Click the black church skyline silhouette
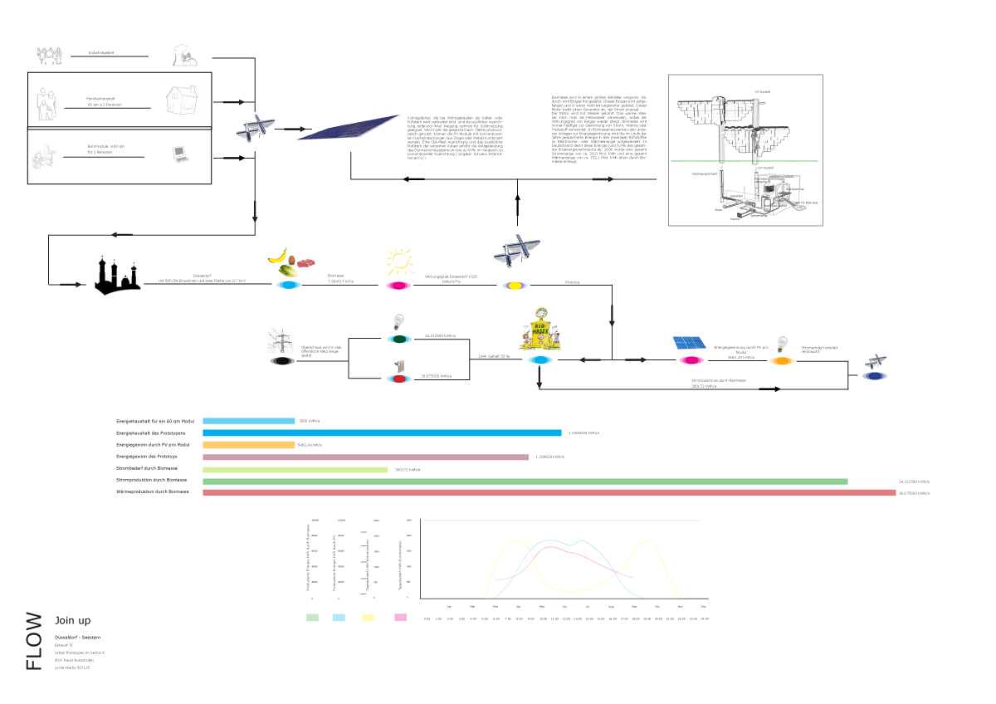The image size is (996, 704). click(x=116, y=276)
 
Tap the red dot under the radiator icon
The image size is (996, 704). click(x=399, y=379)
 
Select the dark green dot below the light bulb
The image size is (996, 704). click(x=399, y=339)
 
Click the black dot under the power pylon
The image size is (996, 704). click(x=282, y=361)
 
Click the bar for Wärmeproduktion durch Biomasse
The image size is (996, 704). click(x=549, y=492)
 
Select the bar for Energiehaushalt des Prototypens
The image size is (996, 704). click(x=382, y=433)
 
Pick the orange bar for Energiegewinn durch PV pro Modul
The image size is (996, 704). click(x=248, y=444)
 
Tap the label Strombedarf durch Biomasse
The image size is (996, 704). click(x=152, y=469)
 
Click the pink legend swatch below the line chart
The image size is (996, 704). click(x=401, y=618)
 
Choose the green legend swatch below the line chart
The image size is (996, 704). click(x=313, y=618)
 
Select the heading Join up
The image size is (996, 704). click(x=72, y=621)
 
